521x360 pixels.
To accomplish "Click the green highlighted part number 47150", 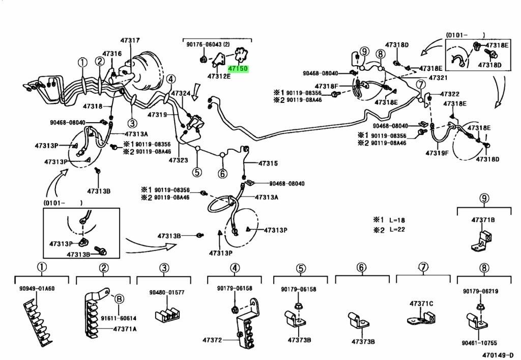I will click(x=238, y=68).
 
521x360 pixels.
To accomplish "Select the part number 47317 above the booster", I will click(x=130, y=40).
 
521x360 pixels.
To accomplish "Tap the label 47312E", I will click(x=219, y=76).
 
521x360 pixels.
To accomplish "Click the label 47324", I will click(x=181, y=94).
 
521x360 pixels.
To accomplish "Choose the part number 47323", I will click(x=179, y=160).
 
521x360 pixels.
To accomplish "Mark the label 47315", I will click(x=268, y=163).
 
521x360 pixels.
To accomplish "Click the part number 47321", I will click(x=438, y=78).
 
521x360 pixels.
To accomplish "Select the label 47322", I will click(x=449, y=94).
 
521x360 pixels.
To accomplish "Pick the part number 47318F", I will click(x=327, y=86).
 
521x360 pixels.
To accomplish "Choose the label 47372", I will click(x=219, y=339).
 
